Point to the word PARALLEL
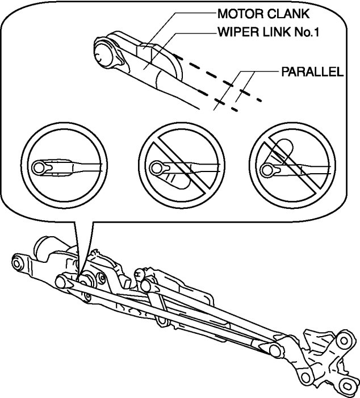(312, 73)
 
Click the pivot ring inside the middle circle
(157, 167)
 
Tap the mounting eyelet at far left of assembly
(18, 263)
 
